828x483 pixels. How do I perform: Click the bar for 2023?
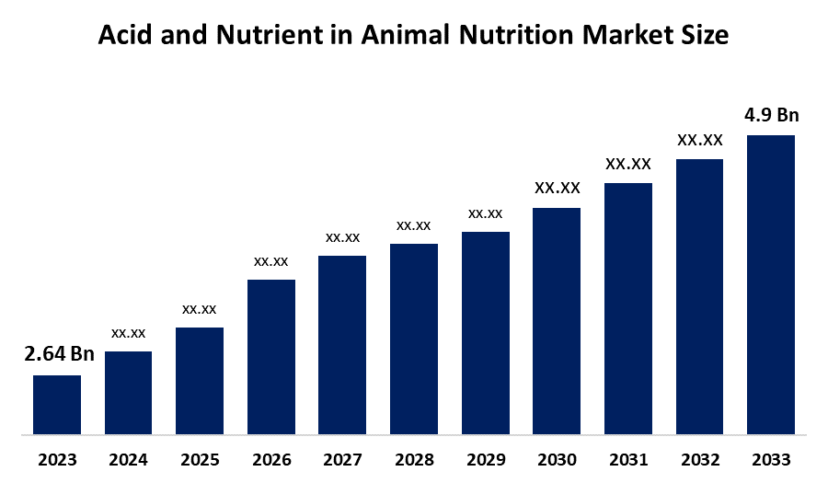click(x=57, y=404)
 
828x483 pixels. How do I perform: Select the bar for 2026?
click(x=271, y=356)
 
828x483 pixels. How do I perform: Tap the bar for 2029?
click(x=485, y=332)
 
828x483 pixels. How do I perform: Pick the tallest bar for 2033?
click(x=770, y=284)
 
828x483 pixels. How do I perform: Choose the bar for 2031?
click(x=627, y=308)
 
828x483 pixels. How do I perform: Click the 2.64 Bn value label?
click(x=59, y=354)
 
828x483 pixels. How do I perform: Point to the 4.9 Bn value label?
click(x=771, y=115)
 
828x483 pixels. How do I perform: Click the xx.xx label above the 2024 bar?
click(x=129, y=332)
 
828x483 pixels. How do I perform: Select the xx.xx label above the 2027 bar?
click(x=342, y=237)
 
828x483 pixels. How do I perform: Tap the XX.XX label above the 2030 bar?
click(x=557, y=188)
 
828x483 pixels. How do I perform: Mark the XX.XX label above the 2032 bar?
click(x=699, y=140)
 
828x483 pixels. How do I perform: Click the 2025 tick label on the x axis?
click(x=200, y=460)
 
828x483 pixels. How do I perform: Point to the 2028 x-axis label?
click(x=414, y=460)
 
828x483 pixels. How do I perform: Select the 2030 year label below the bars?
click(x=557, y=460)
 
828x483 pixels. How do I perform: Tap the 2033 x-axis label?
click(x=771, y=460)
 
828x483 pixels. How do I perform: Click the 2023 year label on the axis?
click(x=57, y=460)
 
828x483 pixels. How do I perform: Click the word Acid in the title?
click(x=124, y=36)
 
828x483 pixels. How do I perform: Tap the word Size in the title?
click(x=706, y=36)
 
